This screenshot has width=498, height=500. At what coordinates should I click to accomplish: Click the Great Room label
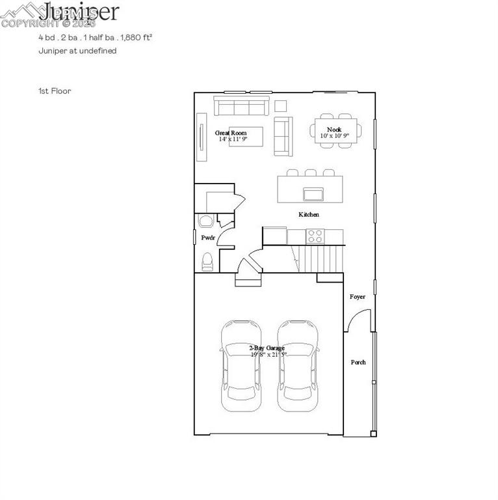pyautogui.click(x=231, y=133)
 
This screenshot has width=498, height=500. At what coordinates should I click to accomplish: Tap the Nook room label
pyautogui.click(x=334, y=130)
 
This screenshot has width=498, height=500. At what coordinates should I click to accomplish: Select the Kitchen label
pyautogui.click(x=308, y=215)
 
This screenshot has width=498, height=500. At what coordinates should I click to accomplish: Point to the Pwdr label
pyautogui.click(x=207, y=238)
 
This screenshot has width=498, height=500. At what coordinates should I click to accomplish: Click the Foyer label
pyautogui.click(x=358, y=297)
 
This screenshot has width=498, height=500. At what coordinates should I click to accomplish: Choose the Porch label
pyautogui.click(x=358, y=362)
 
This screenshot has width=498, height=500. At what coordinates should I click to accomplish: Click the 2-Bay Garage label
pyautogui.click(x=267, y=348)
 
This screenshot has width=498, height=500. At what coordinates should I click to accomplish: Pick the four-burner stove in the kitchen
pyautogui.click(x=315, y=235)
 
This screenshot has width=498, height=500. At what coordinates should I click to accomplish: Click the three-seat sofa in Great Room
pyautogui.click(x=242, y=106)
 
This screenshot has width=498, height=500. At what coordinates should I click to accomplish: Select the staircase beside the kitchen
pyautogui.click(x=321, y=259)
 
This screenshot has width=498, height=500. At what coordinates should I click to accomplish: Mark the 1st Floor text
pyautogui.click(x=55, y=91)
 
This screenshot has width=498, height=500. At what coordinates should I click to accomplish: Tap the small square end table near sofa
pyautogui.click(x=281, y=106)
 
